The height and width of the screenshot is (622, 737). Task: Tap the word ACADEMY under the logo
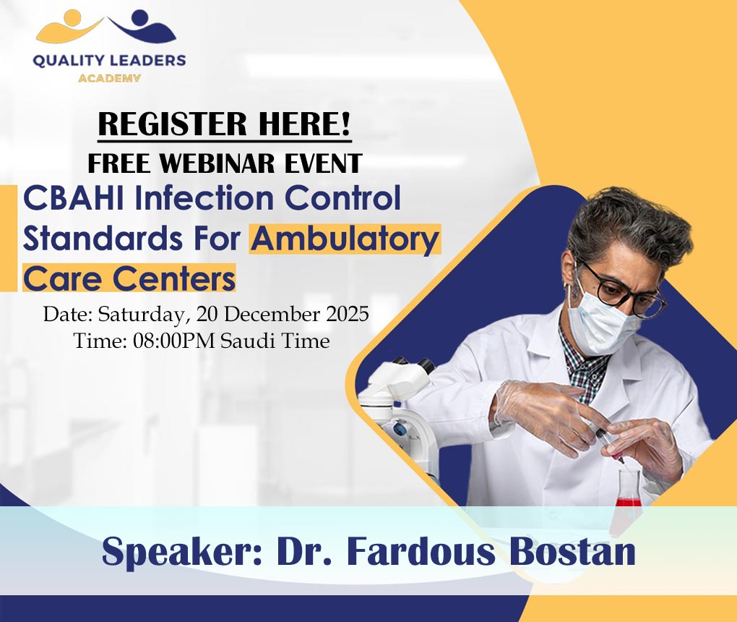coord(109,77)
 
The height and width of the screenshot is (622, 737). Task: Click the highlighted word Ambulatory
coord(345,239)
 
